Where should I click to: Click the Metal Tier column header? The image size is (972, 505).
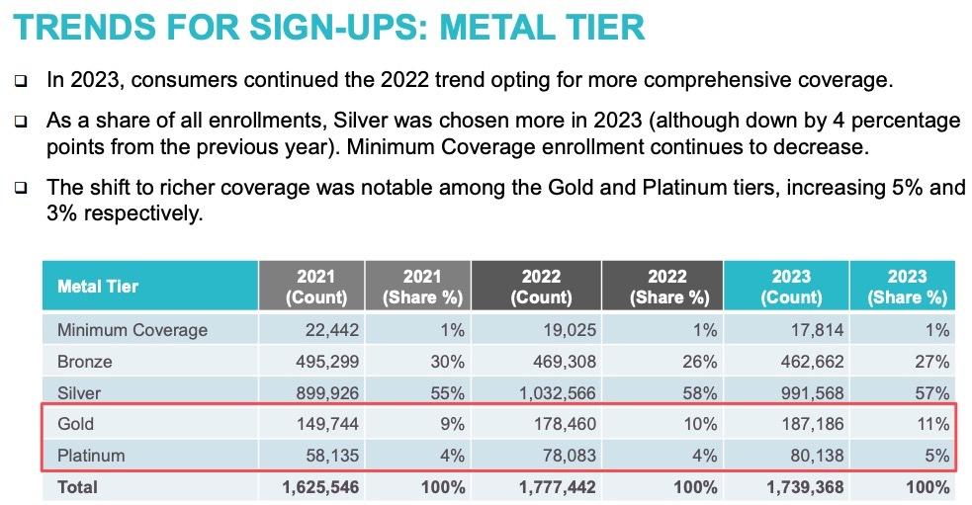(x=98, y=287)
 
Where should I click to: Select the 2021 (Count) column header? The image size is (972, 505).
(x=315, y=287)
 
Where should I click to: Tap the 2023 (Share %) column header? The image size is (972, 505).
(x=907, y=287)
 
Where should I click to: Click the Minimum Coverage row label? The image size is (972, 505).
(x=133, y=330)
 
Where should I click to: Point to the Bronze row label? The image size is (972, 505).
(x=85, y=362)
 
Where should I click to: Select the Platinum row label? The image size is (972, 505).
(x=91, y=456)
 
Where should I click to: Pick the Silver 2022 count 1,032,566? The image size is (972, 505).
(x=560, y=393)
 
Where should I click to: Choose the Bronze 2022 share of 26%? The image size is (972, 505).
(x=699, y=362)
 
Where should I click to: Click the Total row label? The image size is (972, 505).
(x=77, y=487)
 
